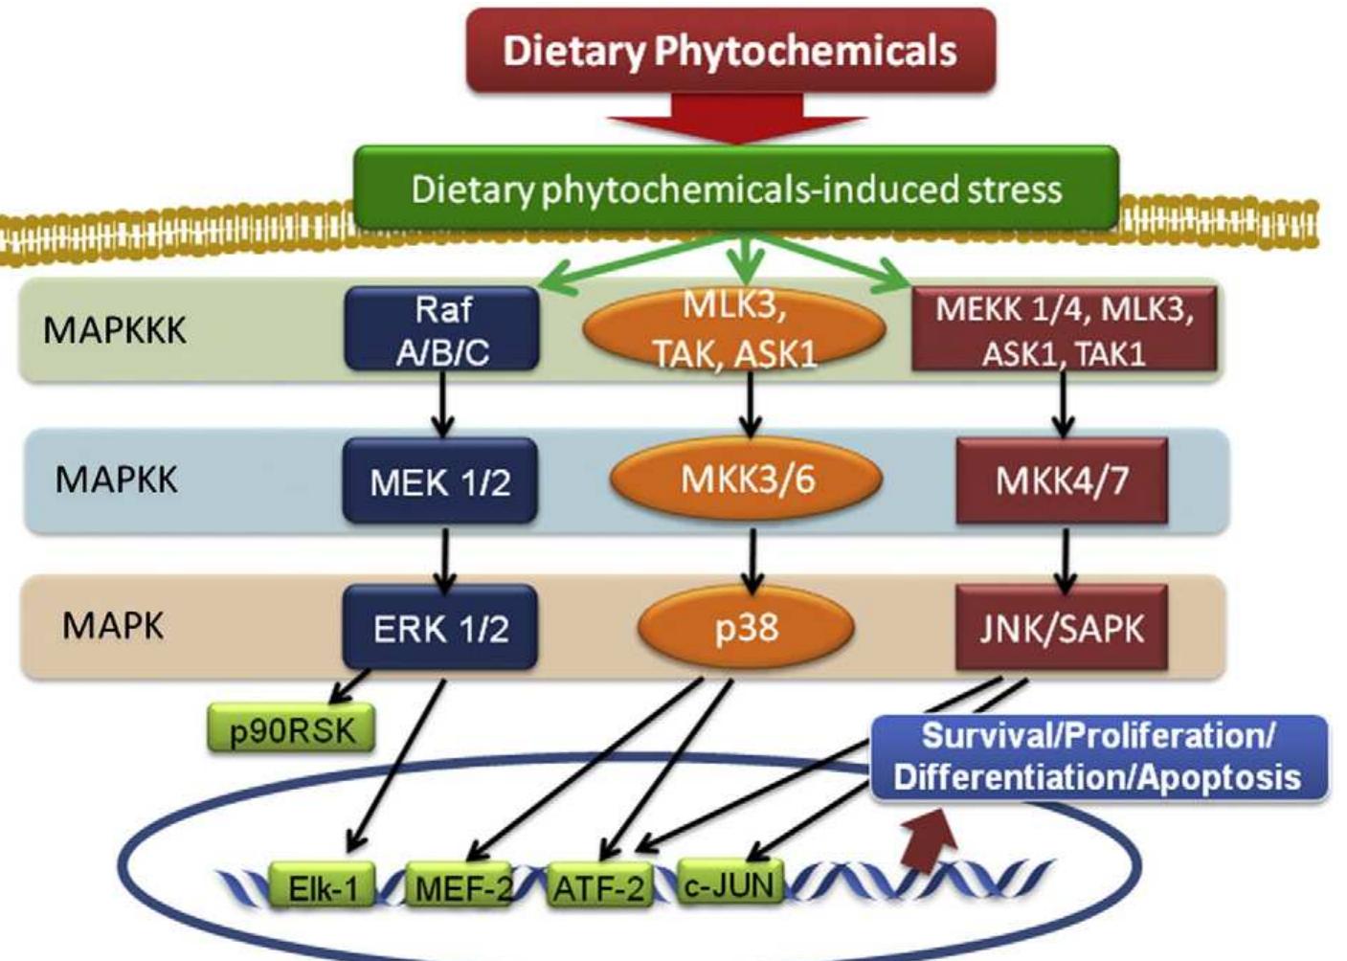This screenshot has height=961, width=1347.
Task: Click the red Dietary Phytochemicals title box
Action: pyautogui.click(x=730, y=51)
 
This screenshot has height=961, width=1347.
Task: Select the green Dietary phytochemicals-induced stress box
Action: pyautogui.click(x=736, y=189)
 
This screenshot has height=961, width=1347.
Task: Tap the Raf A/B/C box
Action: pyautogui.click(x=441, y=330)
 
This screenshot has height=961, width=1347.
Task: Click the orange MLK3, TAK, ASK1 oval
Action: pyautogui.click(x=734, y=330)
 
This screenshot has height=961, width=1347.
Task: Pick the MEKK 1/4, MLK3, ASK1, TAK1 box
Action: pyautogui.click(x=1064, y=332)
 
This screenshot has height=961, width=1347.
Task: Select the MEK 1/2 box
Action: pyautogui.click(x=439, y=481)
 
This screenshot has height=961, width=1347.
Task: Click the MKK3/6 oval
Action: pyautogui.click(x=746, y=479)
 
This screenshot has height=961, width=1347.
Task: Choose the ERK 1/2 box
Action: pyautogui.click(x=439, y=628)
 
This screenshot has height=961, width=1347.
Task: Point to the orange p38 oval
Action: pyautogui.click(x=746, y=628)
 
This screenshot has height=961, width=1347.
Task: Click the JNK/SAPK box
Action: pyautogui.click(x=1061, y=628)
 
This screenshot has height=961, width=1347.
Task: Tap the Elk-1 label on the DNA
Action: pyautogui.click(x=323, y=887)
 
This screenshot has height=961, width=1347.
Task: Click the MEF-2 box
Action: pyautogui.click(x=460, y=887)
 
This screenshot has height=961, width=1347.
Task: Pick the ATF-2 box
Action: pyautogui.click(x=598, y=887)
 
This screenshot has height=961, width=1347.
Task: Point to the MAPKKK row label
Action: pyautogui.click(x=115, y=330)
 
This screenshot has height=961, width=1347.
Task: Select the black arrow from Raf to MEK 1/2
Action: pyautogui.click(x=441, y=404)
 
